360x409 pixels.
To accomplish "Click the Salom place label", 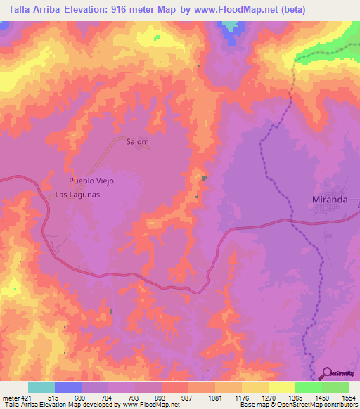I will point(137,141).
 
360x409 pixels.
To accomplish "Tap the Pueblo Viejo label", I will point(91,181).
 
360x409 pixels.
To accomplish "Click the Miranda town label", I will point(329,200).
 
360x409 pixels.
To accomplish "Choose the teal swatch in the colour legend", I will point(41,387).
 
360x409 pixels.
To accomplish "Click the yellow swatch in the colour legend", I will point(282,387).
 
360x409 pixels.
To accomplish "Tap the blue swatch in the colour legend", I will point(68,387).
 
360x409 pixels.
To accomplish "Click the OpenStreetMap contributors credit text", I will point(319,405).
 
